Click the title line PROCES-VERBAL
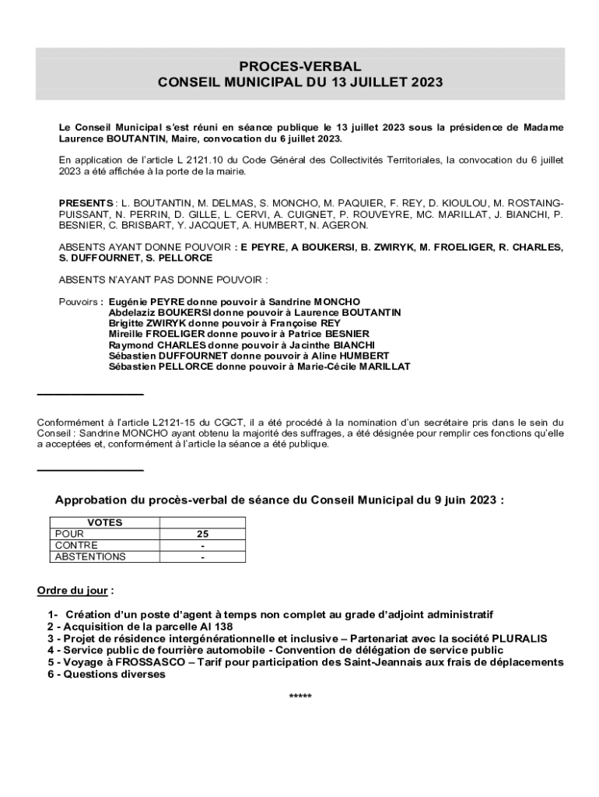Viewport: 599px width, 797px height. (x=299, y=67)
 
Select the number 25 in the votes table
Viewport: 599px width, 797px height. (x=202, y=534)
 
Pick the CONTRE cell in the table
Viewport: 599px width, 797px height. (x=76, y=546)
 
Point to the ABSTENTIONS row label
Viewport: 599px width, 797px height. (x=89, y=556)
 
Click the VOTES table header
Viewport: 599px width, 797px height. (x=104, y=523)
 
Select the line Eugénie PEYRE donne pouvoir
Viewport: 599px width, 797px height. (x=234, y=301)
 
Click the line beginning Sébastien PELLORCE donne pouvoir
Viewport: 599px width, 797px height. (x=259, y=367)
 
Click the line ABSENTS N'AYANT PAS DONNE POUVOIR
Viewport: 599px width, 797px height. (x=163, y=279)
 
